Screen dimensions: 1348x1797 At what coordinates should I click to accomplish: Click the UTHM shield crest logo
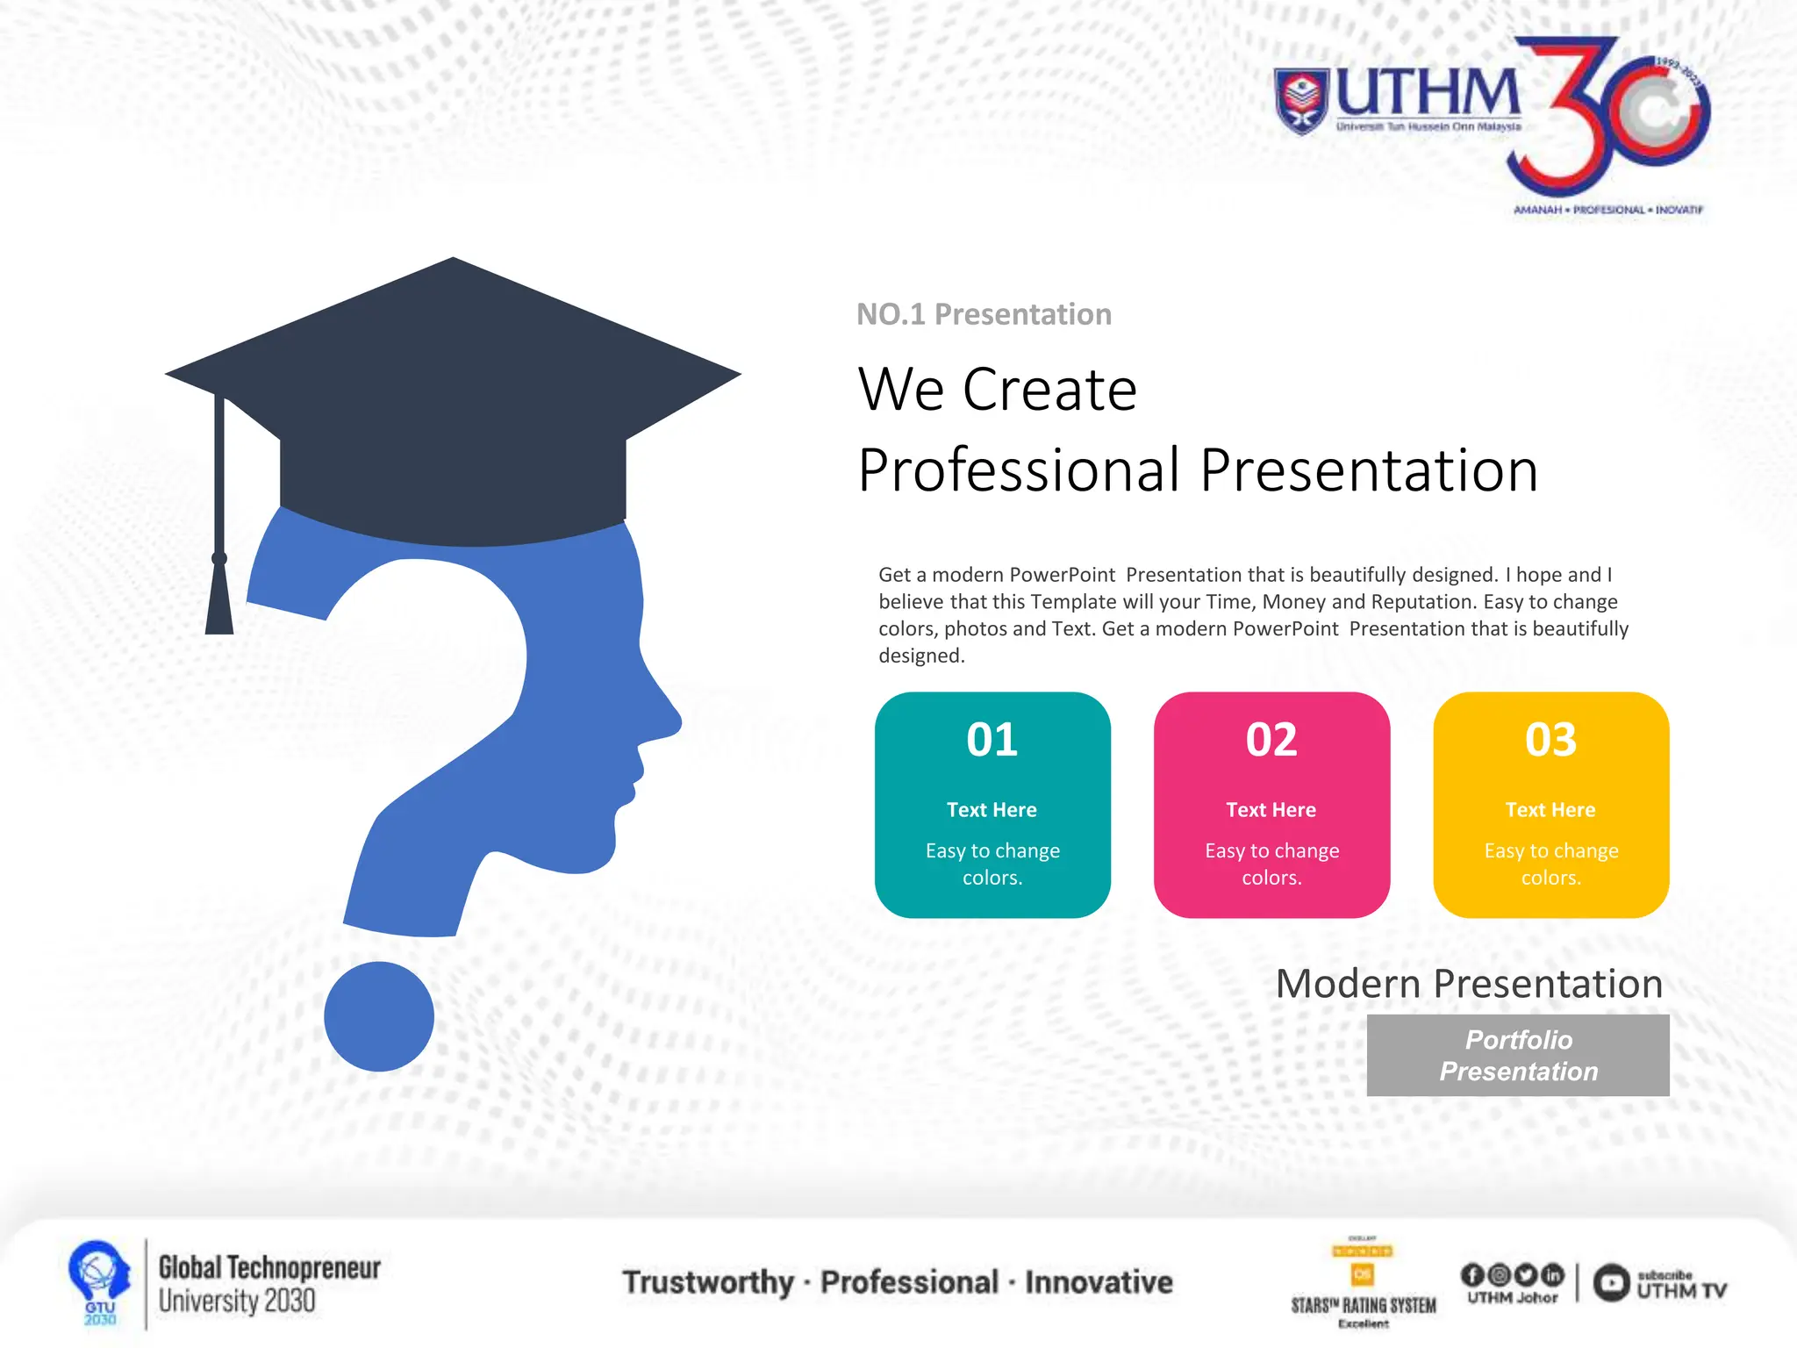pyautogui.click(x=1302, y=101)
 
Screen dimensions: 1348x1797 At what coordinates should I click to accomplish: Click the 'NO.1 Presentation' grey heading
pyautogui.click(x=984, y=314)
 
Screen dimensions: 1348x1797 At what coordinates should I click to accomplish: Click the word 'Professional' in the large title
pyautogui.click(x=1019, y=470)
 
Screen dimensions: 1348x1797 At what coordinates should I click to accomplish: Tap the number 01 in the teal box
pyautogui.click(x=992, y=740)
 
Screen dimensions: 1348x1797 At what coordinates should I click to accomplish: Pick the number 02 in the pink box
pyautogui.click(x=1271, y=740)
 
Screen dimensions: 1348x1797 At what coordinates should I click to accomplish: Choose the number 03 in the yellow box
pyautogui.click(x=1550, y=740)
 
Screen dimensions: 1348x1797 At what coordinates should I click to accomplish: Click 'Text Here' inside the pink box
pyautogui.click(x=1271, y=810)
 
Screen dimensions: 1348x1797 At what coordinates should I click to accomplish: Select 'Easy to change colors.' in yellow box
pyautogui.click(x=1550, y=864)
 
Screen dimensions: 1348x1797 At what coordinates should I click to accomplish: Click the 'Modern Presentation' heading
pyautogui.click(x=1469, y=984)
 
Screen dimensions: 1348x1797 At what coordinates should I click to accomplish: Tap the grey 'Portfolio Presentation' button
pyautogui.click(x=1518, y=1055)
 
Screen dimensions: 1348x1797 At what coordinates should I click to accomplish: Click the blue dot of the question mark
pyautogui.click(x=379, y=1016)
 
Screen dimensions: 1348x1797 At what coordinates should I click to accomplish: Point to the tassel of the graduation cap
pyautogui.click(x=219, y=597)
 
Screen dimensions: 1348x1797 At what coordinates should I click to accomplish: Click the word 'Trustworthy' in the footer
pyautogui.click(x=708, y=1282)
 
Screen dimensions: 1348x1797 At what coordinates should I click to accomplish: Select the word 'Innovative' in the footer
pyautogui.click(x=1099, y=1282)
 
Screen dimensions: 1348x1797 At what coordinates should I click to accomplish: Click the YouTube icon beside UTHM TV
pyautogui.click(x=1611, y=1283)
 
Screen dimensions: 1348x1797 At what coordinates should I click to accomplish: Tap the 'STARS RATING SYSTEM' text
pyautogui.click(x=1363, y=1306)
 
